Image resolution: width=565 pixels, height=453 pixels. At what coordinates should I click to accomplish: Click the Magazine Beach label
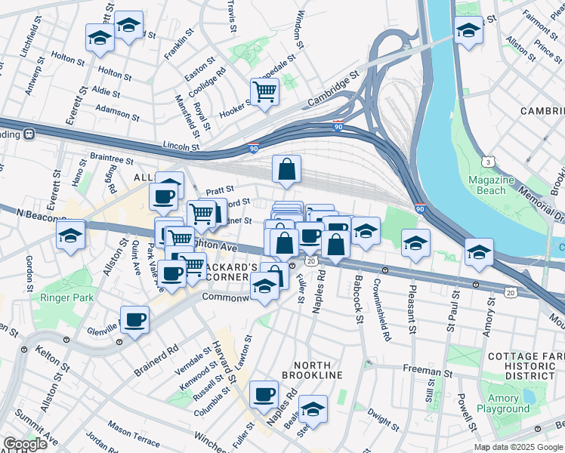tap(491, 185)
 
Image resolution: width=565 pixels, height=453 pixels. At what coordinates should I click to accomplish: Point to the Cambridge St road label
tap(332, 90)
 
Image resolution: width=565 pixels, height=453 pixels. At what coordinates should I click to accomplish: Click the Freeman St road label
tap(427, 371)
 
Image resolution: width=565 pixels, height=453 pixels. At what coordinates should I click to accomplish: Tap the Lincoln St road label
tap(181, 146)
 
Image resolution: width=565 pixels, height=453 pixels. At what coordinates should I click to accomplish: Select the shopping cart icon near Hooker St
tap(264, 92)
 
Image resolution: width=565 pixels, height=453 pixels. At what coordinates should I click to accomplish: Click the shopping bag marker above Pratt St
tap(286, 170)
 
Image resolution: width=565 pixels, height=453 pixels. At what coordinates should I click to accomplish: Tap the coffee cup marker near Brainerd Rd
tap(135, 320)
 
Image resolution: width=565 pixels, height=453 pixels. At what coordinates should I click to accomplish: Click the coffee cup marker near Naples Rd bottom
tap(264, 393)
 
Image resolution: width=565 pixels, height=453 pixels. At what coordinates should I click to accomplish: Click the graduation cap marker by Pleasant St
tap(415, 243)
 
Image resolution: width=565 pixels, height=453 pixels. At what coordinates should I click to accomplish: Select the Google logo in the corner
tap(24, 444)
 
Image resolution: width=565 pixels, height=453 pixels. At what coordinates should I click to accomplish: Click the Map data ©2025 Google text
tap(518, 447)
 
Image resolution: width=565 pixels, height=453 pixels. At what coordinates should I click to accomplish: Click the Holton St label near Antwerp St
tap(69, 57)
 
